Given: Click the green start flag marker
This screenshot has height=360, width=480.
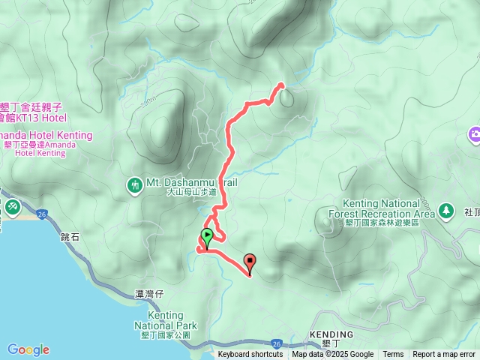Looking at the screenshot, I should pyautogui.click(x=207, y=235).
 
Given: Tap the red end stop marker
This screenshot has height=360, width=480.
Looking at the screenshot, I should pyautogui.click(x=250, y=262).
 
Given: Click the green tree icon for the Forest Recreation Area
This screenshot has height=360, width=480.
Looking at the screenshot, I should pyautogui.click(x=447, y=209).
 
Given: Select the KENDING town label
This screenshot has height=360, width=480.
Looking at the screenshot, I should pyautogui.click(x=331, y=334).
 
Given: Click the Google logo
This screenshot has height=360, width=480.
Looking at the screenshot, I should pyautogui.click(x=28, y=349).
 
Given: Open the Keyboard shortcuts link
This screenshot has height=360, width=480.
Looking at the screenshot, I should pyautogui.click(x=250, y=355).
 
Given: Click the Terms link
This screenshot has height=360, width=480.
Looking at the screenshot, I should pyautogui.click(x=393, y=355).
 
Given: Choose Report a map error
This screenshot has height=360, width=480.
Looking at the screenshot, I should pyautogui.click(x=444, y=355).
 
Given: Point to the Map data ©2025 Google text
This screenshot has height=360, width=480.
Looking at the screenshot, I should pyautogui.click(x=332, y=355).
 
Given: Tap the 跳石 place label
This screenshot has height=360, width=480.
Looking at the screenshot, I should pyautogui.click(x=69, y=236).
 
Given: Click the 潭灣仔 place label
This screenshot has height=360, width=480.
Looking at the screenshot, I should pyautogui.click(x=149, y=294).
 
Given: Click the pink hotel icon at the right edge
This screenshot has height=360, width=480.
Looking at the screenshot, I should pyautogui.click(x=475, y=135).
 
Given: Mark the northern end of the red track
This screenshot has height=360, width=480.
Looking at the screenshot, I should pyautogui.click(x=281, y=85).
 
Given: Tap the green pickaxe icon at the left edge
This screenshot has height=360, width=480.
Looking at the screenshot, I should pyautogui.click(x=13, y=206).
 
